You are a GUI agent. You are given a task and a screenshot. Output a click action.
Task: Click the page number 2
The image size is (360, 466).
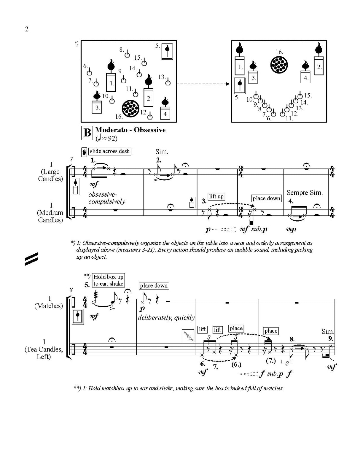(27, 29)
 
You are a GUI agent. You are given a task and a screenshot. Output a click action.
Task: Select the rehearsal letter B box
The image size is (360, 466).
(87, 133)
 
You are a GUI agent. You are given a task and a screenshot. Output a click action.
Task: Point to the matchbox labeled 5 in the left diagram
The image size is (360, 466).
(168, 52)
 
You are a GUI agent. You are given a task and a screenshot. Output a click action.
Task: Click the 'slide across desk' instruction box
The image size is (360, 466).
(110, 151)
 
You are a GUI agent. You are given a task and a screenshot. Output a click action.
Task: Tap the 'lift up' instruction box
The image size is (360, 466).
(216, 196)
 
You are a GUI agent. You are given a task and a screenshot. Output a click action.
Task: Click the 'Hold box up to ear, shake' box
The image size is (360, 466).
(108, 280)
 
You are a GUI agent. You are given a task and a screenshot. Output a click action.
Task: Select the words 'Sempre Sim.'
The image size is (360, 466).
(304, 193)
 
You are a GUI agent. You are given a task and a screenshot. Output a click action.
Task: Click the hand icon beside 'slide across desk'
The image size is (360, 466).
(84, 152)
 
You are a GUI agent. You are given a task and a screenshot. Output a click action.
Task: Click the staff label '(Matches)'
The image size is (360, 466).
(49, 306)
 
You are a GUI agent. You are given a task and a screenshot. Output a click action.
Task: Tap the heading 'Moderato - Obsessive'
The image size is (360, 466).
(130, 130)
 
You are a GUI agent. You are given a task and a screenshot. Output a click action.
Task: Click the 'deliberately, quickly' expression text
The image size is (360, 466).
(166, 318)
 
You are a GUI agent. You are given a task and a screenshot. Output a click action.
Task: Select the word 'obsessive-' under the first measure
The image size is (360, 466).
(103, 195)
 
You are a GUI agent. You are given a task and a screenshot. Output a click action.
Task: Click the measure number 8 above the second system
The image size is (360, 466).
(71, 290)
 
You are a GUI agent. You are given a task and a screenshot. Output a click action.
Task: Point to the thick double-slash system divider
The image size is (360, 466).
(31, 259)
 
